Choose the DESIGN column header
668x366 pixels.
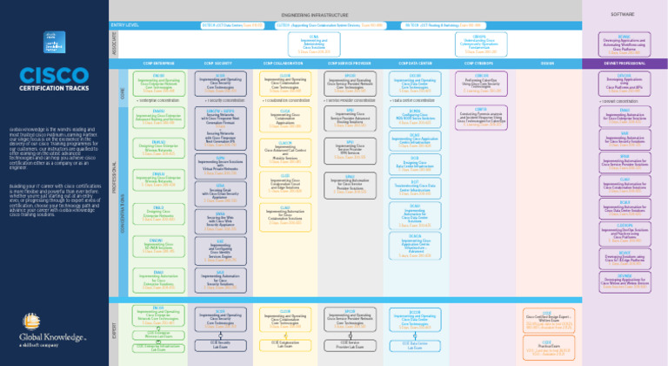(x=549, y=64)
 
